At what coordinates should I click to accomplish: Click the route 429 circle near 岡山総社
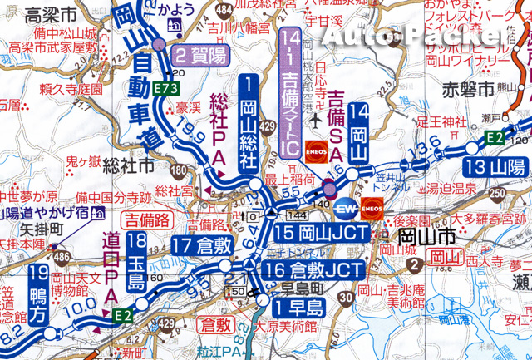(x=267, y=126)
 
